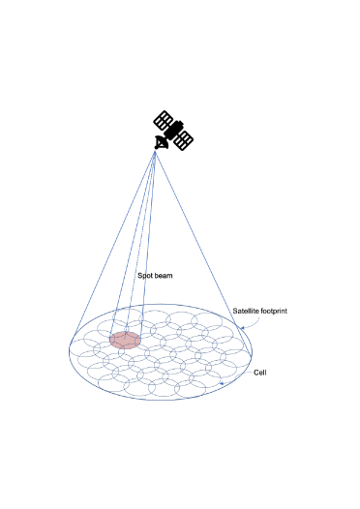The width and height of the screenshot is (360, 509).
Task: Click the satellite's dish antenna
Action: click(162, 143)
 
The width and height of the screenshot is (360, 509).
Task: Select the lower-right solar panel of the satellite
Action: click(182, 138)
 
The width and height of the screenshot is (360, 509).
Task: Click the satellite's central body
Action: click(173, 131)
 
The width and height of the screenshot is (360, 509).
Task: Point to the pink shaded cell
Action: click(125, 340)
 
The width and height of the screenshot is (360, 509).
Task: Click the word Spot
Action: click(144, 276)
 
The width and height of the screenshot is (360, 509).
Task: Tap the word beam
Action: click(163, 276)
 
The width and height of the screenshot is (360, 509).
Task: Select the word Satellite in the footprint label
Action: click(247, 311)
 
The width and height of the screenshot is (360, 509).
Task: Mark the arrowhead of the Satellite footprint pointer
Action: click(241, 329)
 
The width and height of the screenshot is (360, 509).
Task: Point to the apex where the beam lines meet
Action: click(156, 152)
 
